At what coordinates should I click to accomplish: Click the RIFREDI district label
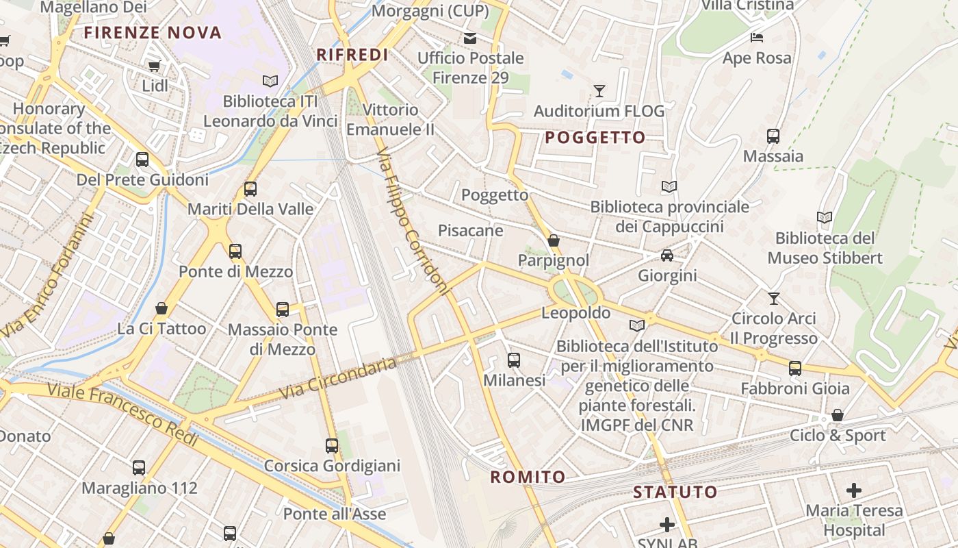click(x=352, y=55)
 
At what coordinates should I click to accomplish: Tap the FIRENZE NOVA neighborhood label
click(x=153, y=32)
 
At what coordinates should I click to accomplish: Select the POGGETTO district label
click(x=595, y=138)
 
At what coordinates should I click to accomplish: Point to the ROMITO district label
click(x=528, y=477)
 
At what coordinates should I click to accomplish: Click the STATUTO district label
click(x=675, y=492)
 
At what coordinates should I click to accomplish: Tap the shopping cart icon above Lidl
click(x=155, y=66)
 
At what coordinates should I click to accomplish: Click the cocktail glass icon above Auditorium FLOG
click(x=599, y=90)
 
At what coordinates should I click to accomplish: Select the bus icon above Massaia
click(x=773, y=136)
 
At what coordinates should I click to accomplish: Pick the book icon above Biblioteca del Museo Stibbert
click(x=825, y=218)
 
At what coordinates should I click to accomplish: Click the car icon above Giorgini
click(x=667, y=256)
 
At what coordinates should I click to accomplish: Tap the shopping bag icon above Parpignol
click(x=554, y=240)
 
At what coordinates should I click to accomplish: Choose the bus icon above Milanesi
click(x=514, y=360)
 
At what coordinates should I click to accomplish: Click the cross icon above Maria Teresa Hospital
click(x=853, y=490)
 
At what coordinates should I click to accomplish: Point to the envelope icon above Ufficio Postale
click(x=470, y=38)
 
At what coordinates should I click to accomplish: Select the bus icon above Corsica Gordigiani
click(x=332, y=446)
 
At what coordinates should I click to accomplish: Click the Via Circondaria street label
click(x=339, y=378)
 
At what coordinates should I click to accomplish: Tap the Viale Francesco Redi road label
click(x=123, y=414)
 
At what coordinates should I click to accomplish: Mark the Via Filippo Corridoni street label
click(x=413, y=221)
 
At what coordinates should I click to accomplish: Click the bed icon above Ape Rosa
click(x=757, y=38)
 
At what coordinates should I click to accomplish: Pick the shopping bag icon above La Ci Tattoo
click(x=161, y=308)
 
